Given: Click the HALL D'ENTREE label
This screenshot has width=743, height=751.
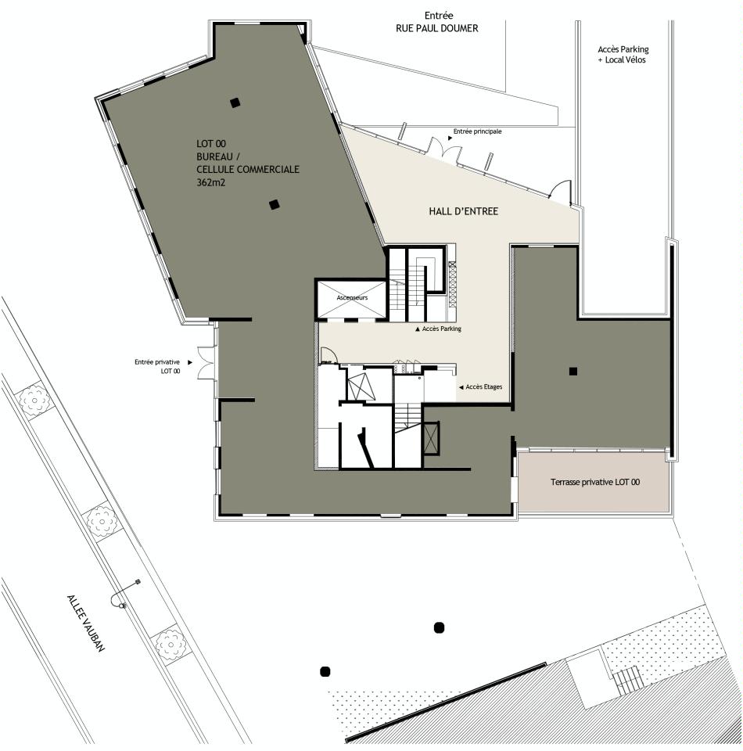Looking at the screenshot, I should [463, 212].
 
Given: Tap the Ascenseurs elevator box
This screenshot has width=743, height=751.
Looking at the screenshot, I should [351, 299].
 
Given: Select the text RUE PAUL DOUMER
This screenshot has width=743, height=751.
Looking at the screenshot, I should [436, 28].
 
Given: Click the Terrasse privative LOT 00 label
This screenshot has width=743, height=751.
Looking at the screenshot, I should [594, 483].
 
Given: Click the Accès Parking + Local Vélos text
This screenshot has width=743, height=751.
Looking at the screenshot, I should [623, 55].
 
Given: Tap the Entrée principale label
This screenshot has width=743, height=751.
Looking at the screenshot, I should [477, 131].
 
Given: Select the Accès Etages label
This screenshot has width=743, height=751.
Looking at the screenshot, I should [483, 387].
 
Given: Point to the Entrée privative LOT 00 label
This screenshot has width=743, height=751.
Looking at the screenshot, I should [157, 367].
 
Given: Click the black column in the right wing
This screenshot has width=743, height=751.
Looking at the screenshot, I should [573, 371].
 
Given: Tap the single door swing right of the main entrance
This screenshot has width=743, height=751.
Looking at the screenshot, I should [561, 190].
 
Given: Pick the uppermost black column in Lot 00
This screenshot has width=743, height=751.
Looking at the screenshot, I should [234, 102].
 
